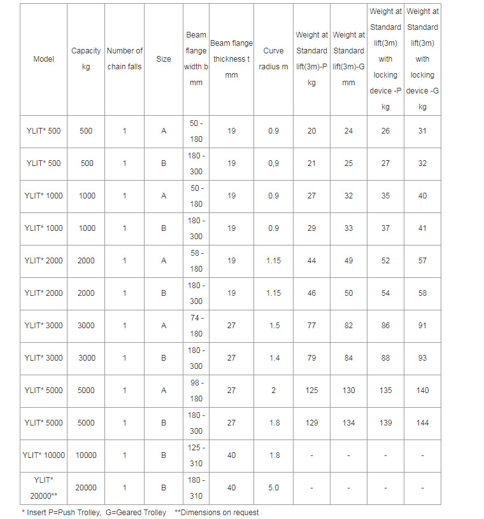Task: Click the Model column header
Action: (x=43, y=59)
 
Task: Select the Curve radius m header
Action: (x=273, y=59)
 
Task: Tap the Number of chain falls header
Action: (x=125, y=59)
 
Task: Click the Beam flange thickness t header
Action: (x=231, y=59)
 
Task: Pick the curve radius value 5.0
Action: (x=273, y=488)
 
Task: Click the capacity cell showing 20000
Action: (x=86, y=488)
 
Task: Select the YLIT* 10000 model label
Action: (x=43, y=455)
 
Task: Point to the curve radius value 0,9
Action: (x=273, y=163)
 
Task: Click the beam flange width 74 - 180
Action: (x=196, y=326)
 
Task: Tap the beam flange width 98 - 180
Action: (x=196, y=391)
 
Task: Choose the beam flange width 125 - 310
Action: (x=196, y=455)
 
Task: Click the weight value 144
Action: (x=422, y=423)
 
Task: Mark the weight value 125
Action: (x=311, y=391)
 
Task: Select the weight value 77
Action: (x=311, y=326)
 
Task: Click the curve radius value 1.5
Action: (x=273, y=326)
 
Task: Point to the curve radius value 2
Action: (x=273, y=391)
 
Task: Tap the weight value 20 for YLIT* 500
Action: (x=311, y=131)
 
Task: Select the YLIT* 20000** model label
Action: (x=43, y=488)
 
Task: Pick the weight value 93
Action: (x=422, y=358)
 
